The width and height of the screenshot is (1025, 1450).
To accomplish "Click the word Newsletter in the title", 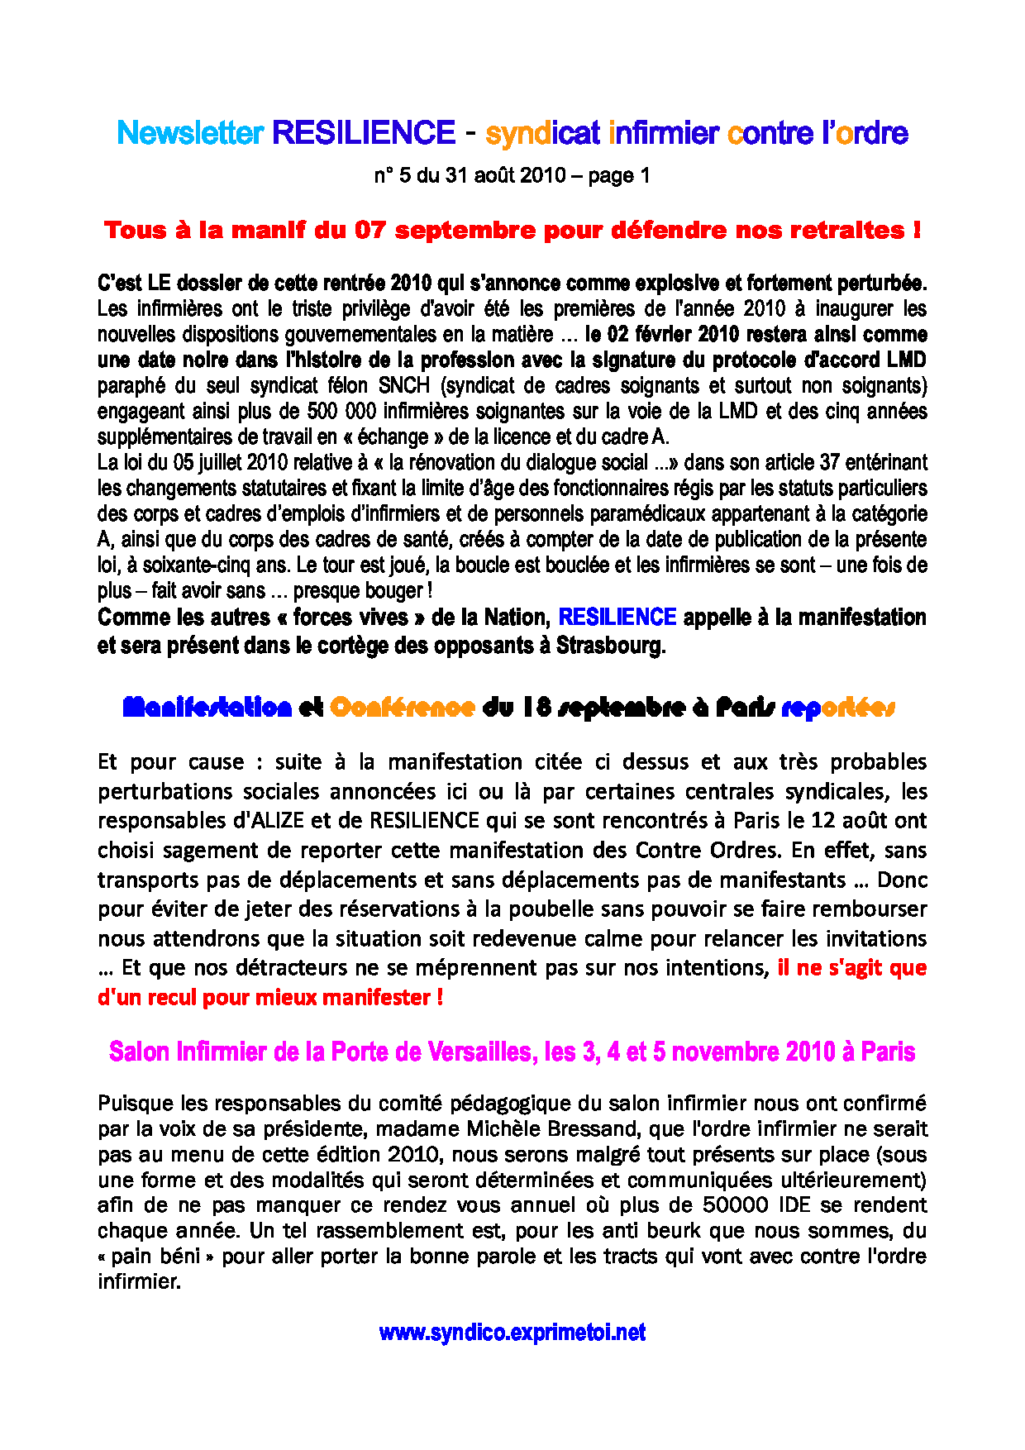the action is tap(190, 133).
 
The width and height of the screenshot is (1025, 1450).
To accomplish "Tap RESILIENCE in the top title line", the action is tap(364, 133).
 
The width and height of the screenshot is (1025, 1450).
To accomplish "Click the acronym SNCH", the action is tap(404, 386).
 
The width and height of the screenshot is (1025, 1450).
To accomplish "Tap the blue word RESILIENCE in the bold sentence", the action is tap(617, 618).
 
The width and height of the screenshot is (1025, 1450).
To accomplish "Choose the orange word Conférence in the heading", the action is tap(403, 708).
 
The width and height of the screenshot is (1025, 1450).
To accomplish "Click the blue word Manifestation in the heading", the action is tap(207, 708).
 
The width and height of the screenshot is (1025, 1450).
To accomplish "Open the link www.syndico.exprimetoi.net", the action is tap(512, 1333).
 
